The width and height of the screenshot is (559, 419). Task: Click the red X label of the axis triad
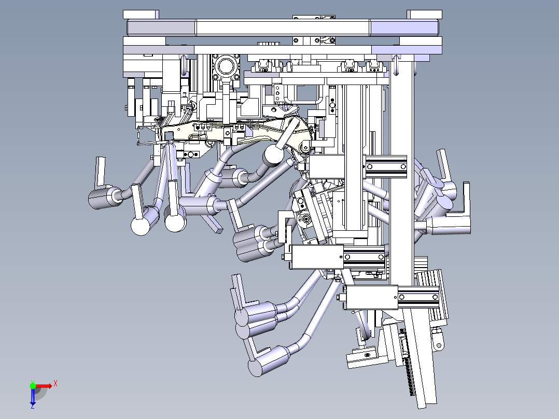55,384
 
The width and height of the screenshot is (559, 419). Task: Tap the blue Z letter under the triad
33,406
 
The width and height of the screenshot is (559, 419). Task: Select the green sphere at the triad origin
33,386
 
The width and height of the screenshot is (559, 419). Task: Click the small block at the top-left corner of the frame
141,15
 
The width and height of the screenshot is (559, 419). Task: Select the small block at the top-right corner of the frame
424,15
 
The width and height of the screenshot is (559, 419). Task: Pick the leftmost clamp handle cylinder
101,198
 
